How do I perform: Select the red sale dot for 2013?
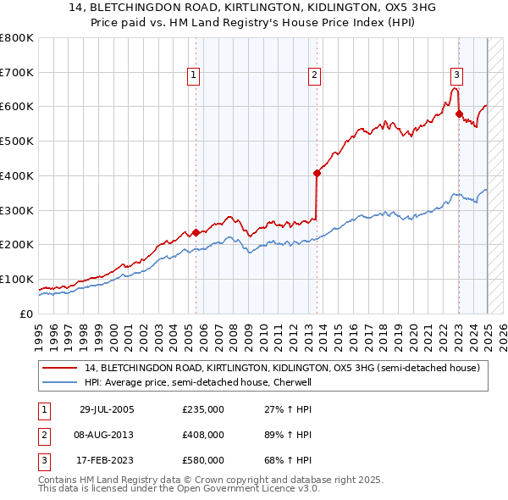[x=317, y=173]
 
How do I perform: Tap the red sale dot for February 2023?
[x=459, y=114]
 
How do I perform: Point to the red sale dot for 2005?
[x=196, y=232]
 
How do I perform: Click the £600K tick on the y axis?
[x=17, y=107]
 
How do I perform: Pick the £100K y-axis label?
[x=17, y=279]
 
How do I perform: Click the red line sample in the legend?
[x=59, y=368]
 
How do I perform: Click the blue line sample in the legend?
[x=59, y=382]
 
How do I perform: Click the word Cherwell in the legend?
[x=294, y=382]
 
